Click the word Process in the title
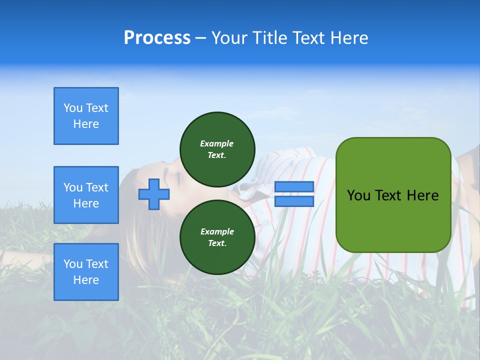coord(157,38)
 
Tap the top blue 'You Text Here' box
coord(86,116)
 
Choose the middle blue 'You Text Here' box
coord(86,195)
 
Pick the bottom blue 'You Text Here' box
coord(86,272)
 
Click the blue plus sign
coord(154,194)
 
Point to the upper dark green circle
coord(217,149)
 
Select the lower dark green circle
coord(217,237)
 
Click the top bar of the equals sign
coord(294,187)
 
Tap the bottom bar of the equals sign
coord(294,201)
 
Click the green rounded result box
coord(393,195)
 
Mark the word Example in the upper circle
coord(217,143)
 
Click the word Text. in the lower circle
coord(217,243)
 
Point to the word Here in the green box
coord(422,195)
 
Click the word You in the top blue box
coord(73,108)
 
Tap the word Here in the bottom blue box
coord(86,280)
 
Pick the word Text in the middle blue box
coord(97,187)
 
